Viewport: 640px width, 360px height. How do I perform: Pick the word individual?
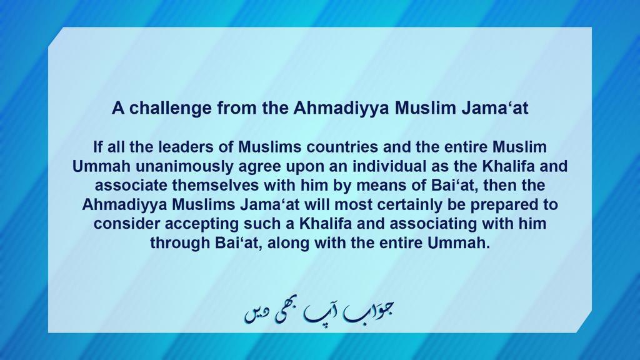click(x=345, y=167)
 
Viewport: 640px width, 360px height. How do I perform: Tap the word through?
click(x=177, y=243)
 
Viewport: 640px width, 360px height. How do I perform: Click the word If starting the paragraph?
click(x=97, y=147)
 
